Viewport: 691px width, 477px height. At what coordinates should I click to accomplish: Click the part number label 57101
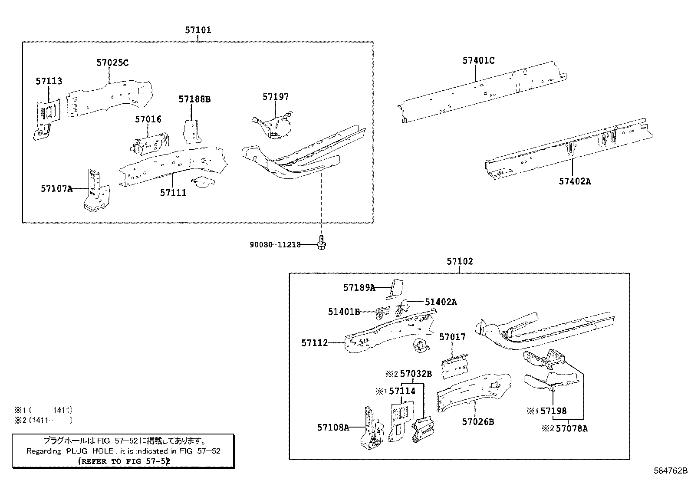[x=198, y=30]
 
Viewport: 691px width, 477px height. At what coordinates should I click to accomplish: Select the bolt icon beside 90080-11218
[x=322, y=243]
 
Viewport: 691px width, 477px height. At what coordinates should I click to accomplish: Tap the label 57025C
[x=112, y=63]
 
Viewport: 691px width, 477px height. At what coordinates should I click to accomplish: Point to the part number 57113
[x=49, y=81]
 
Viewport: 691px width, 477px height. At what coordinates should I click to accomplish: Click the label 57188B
[x=194, y=99]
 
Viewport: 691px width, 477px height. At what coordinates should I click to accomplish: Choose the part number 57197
[x=275, y=97]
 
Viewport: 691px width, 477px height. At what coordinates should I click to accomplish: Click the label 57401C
[x=478, y=61]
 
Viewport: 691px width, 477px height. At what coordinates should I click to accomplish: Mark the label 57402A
[x=575, y=181]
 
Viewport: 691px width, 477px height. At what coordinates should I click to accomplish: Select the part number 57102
[x=460, y=261]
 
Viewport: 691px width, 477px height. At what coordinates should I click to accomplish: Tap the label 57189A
[x=359, y=287]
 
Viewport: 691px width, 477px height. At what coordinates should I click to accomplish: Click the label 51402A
[x=441, y=302]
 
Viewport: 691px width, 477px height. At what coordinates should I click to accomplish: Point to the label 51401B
[x=344, y=312]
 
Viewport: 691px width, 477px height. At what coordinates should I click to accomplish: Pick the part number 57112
[x=314, y=343]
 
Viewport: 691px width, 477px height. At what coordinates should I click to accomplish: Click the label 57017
[x=452, y=337]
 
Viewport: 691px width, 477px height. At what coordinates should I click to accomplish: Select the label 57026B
[x=478, y=421]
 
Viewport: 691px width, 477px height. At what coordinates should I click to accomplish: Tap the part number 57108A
[x=333, y=428]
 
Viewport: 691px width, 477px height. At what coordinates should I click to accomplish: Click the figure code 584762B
[x=671, y=470]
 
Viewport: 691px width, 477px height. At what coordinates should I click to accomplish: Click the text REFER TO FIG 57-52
[x=123, y=461]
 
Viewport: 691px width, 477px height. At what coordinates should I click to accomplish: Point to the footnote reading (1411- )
[x=43, y=420]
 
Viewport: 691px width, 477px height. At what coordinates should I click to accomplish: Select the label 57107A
[x=57, y=188]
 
